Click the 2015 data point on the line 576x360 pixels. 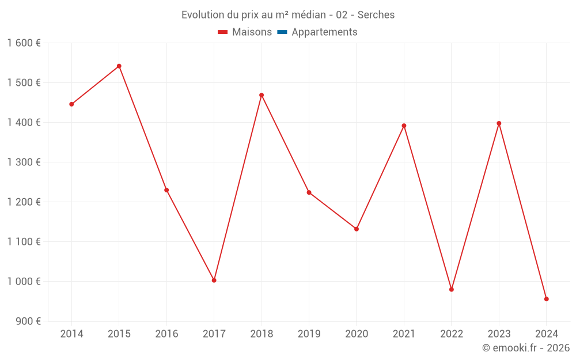(119, 66)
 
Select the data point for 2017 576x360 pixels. (214, 281)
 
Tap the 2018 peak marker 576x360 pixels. (262, 95)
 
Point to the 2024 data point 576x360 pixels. (547, 299)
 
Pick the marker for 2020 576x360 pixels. (357, 229)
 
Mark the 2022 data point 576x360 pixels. (452, 290)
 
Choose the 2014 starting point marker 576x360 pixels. (71, 104)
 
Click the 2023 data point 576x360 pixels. (499, 123)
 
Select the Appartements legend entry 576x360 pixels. (324, 32)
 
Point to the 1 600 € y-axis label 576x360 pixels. (24, 43)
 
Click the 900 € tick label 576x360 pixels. (27, 321)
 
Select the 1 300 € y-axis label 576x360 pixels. (24, 162)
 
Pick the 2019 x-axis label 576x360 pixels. (309, 334)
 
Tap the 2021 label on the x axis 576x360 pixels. (404, 334)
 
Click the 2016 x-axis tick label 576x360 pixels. (166, 334)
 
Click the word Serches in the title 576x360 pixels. (376, 15)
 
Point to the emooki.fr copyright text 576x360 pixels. (526, 348)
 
